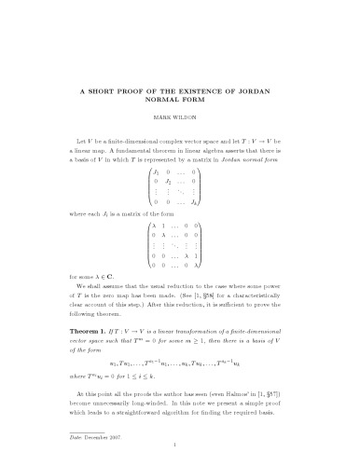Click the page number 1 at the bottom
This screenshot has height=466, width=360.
[180, 447]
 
